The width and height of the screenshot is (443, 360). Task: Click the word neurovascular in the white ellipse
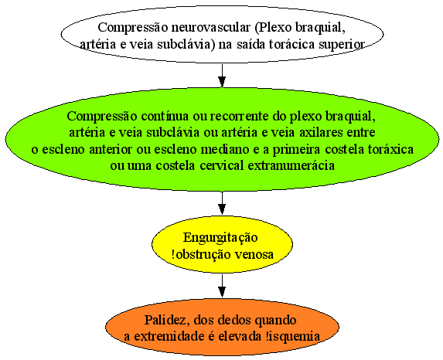pos(211,28)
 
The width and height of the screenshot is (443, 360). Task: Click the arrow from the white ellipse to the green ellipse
pos(222,75)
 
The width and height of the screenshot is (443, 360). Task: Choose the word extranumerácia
pos(291,165)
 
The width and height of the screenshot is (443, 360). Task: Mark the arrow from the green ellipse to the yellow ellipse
pos(222,203)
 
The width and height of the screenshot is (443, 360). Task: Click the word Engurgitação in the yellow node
pos(220,238)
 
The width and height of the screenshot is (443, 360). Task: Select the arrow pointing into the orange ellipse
pos(222,286)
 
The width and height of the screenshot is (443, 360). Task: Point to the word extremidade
pos(170,337)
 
